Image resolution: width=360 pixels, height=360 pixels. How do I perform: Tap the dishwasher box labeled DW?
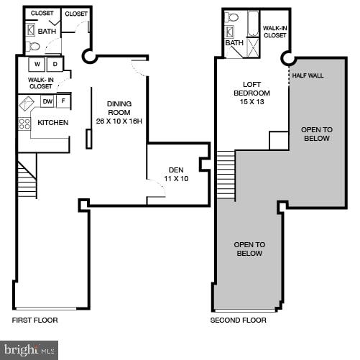[x=47, y=102]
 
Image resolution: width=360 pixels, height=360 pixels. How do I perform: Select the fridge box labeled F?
[x=63, y=102]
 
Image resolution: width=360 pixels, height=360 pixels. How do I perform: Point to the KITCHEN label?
[x=52, y=123]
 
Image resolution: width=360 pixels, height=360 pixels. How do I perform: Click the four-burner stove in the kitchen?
[x=24, y=124]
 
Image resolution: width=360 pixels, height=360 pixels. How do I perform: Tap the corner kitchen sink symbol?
[x=27, y=103]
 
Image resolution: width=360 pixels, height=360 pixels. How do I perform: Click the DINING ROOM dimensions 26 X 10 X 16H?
[x=119, y=121]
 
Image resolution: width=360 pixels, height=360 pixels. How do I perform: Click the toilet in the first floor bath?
[x=33, y=47]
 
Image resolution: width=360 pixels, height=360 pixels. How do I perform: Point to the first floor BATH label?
[x=47, y=32]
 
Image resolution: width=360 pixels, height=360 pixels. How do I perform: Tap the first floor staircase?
[x=27, y=180]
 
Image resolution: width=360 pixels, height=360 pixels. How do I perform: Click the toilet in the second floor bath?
[x=233, y=17]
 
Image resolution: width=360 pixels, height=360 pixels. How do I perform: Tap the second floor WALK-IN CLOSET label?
[x=274, y=31]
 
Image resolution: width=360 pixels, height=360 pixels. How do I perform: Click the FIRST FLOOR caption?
[x=34, y=320]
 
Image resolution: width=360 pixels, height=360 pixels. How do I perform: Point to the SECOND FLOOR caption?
[x=238, y=320]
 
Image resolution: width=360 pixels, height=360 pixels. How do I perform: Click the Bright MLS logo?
[x=29, y=350]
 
